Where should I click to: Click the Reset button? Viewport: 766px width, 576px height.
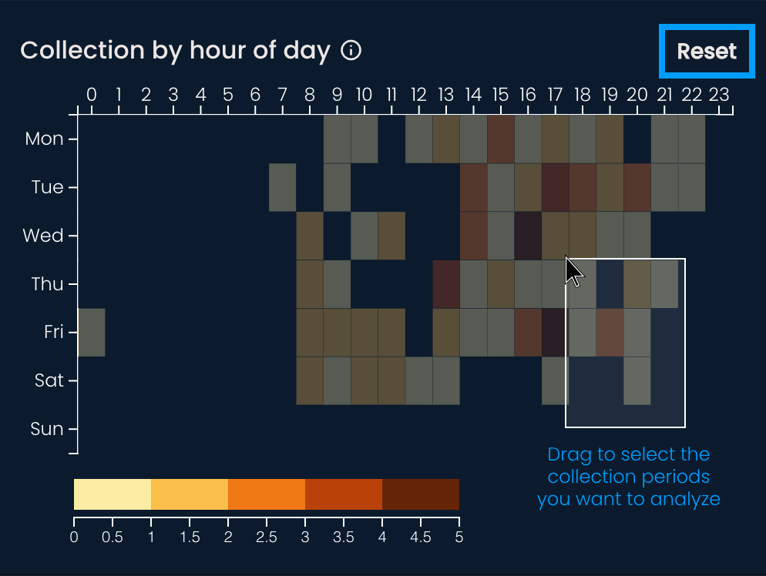[x=707, y=52]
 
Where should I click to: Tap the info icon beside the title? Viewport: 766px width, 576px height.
[x=351, y=51]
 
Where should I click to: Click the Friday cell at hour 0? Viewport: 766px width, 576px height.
[x=92, y=332]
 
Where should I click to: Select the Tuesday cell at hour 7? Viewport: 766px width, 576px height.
[x=283, y=187]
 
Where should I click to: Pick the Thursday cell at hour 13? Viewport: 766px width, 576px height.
[x=446, y=283]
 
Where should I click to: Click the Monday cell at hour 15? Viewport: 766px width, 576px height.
[x=501, y=139]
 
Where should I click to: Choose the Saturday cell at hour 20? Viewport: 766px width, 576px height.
[x=637, y=380]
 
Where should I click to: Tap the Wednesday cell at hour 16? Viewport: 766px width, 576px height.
[x=528, y=236]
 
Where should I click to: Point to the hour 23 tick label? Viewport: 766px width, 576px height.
[x=719, y=95]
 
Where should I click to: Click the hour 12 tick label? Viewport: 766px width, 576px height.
[x=418, y=95]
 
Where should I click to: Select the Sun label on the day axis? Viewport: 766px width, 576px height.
[x=47, y=429]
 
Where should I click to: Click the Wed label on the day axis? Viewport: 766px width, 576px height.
[x=43, y=236]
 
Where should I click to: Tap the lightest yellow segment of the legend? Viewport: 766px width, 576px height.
[x=113, y=494]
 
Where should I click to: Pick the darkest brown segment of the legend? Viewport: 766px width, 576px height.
[x=421, y=494]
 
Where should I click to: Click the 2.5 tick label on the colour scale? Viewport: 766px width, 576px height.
[x=267, y=537]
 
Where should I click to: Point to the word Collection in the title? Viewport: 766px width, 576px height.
[x=72, y=51]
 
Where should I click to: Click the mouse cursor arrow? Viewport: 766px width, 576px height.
[x=572, y=269]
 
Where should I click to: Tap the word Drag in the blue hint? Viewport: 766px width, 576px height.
[x=569, y=454]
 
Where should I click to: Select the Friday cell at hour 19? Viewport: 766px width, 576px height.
[x=610, y=332]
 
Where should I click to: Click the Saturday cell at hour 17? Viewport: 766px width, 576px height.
[x=555, y=380]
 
